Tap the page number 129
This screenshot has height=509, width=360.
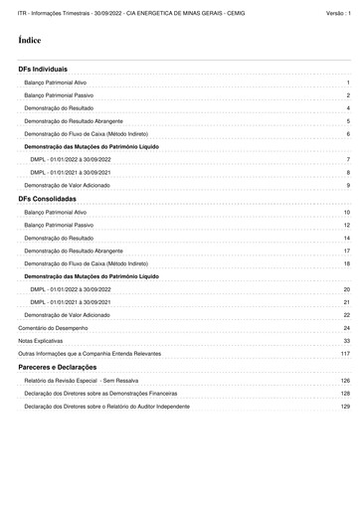[x=345, y=406]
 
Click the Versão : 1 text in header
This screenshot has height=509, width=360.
[x=338, y=12]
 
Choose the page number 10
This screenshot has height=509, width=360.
[x=347, y=213]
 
